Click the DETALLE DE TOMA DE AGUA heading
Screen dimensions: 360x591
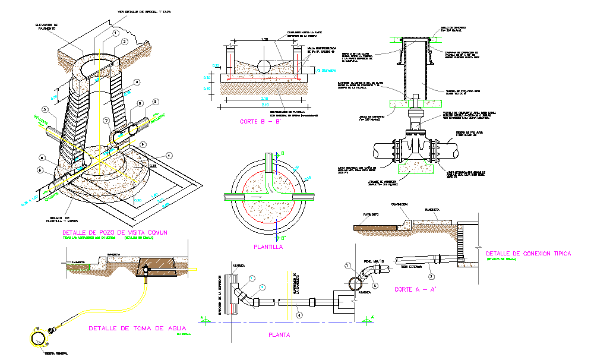pyautogui.click(x=137, y=328)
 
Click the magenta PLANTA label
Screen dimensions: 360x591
pyautogui.click(x=279, y=334)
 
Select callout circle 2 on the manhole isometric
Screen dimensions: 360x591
pyautogui.click(x=124, y=42)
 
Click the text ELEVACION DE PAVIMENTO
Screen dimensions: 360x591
pyautogui.click(x=46, y=27)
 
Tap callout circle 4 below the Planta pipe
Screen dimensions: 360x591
pyautogui.click(x=299, y=315)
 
